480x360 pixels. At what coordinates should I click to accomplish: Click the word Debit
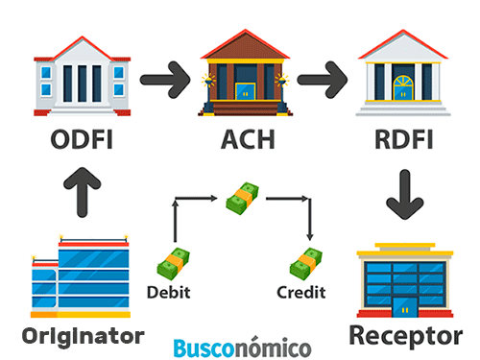[168, 291]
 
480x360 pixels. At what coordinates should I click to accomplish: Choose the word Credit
[301, 291]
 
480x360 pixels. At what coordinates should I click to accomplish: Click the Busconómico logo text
[243, 346]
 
